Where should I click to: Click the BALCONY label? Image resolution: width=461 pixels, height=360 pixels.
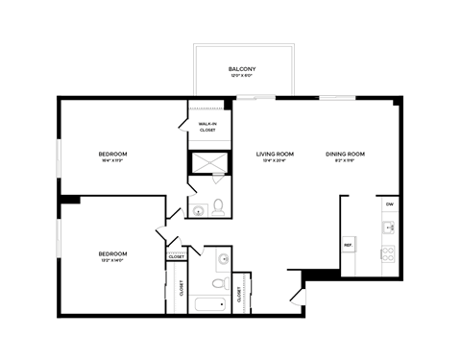[241, 69]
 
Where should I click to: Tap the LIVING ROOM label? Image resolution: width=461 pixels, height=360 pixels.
[275, 154]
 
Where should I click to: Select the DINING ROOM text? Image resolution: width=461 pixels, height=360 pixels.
[346, 154]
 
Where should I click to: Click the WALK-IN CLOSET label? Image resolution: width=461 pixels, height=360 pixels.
[207, 127]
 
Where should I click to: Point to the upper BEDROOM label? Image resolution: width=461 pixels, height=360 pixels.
[112, 154]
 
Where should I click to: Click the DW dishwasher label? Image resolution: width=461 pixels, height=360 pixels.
[389, 204]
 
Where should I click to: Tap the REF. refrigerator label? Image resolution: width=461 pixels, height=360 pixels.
[348, 246]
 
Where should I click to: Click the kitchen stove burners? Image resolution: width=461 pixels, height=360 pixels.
[389, 254]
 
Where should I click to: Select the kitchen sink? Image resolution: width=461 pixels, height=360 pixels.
[389, 228]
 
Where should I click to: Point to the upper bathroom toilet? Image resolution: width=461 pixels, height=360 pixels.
[219, 205]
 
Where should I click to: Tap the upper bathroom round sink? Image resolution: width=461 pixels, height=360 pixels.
[198, 210]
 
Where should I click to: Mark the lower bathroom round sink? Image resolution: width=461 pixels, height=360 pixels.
[222, 258]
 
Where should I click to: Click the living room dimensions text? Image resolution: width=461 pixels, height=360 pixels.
[275, 161]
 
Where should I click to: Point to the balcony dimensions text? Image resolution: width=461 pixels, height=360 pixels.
[241, 77]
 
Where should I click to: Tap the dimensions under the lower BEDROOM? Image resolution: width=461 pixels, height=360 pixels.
[112, 260]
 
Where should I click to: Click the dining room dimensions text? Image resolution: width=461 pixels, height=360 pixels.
[346, 161]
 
